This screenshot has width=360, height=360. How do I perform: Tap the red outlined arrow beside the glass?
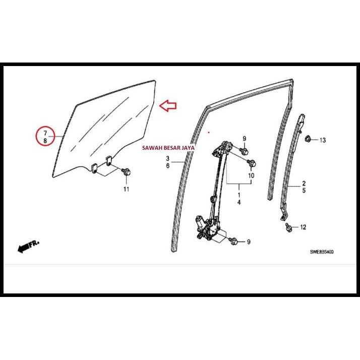pos(168,106)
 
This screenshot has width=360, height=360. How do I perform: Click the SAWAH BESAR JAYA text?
pos(168,148)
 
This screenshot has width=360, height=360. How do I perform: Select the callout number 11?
pos(126,189)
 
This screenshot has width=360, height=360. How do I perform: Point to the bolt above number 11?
pos(126,172)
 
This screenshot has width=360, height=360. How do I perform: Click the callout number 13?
pos(323,140)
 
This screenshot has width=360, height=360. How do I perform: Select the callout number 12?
pos(303,227)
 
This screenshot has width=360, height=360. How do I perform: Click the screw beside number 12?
pos(288,226)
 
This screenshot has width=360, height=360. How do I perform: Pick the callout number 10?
pos(251,175)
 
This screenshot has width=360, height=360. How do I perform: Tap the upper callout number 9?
pos(244,139)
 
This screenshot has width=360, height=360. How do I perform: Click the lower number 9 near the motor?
pos(249,242)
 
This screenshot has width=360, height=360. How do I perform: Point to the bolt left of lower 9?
pos(233,241)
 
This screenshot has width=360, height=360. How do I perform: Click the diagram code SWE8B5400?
pos(322,252)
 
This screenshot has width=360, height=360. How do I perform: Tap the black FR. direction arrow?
pos(28,246)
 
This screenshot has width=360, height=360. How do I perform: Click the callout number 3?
pos(167,158)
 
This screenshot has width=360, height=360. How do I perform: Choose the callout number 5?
pos(304,190)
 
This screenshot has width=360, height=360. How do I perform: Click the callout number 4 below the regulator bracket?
pos(239,202)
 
